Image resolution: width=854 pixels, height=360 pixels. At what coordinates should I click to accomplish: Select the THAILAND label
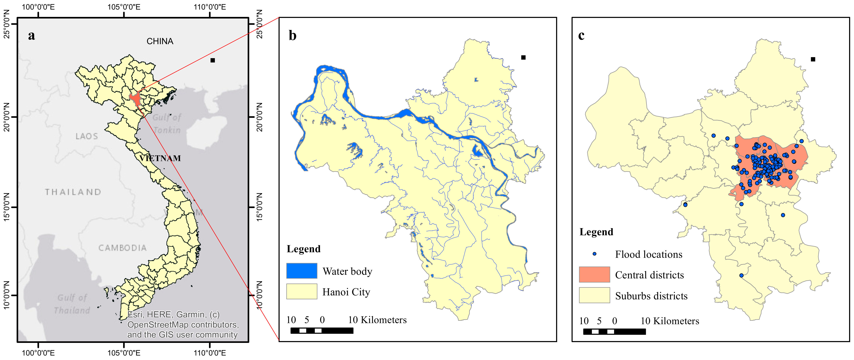click(73, 192)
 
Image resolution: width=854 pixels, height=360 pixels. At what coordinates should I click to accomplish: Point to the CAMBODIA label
click(122, 248)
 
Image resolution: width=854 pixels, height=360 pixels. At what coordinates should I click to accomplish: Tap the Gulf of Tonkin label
click(167, 123)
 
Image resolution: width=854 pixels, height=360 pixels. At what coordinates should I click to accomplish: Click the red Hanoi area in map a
click(136, 99)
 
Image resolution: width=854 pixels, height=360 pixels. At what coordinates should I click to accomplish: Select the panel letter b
click(292, 35)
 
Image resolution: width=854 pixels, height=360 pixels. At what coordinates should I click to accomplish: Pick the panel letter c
click(581, 35)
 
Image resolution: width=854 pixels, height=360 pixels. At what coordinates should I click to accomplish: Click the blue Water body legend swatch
click(302, 271)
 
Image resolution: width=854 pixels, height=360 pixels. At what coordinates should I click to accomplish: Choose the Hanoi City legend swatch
click(302, 291)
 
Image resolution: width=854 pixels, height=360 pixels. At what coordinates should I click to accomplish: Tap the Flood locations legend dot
click(594, 254)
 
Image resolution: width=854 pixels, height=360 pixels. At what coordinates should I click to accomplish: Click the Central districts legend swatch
click(594, 275)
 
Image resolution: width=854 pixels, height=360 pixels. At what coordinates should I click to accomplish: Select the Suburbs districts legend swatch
click(594, 295)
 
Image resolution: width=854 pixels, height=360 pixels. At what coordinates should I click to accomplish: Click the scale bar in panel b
click(321, 330)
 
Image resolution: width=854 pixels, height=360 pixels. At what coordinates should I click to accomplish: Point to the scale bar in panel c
click(614, 332)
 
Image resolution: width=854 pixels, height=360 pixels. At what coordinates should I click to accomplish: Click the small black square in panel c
click(813, 59)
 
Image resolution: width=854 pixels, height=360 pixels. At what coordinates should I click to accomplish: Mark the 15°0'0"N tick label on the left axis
click(7, 207)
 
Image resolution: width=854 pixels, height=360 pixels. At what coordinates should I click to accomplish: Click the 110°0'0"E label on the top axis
click(210, 7)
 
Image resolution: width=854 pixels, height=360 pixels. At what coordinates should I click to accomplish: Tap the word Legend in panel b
click(303, 249)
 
